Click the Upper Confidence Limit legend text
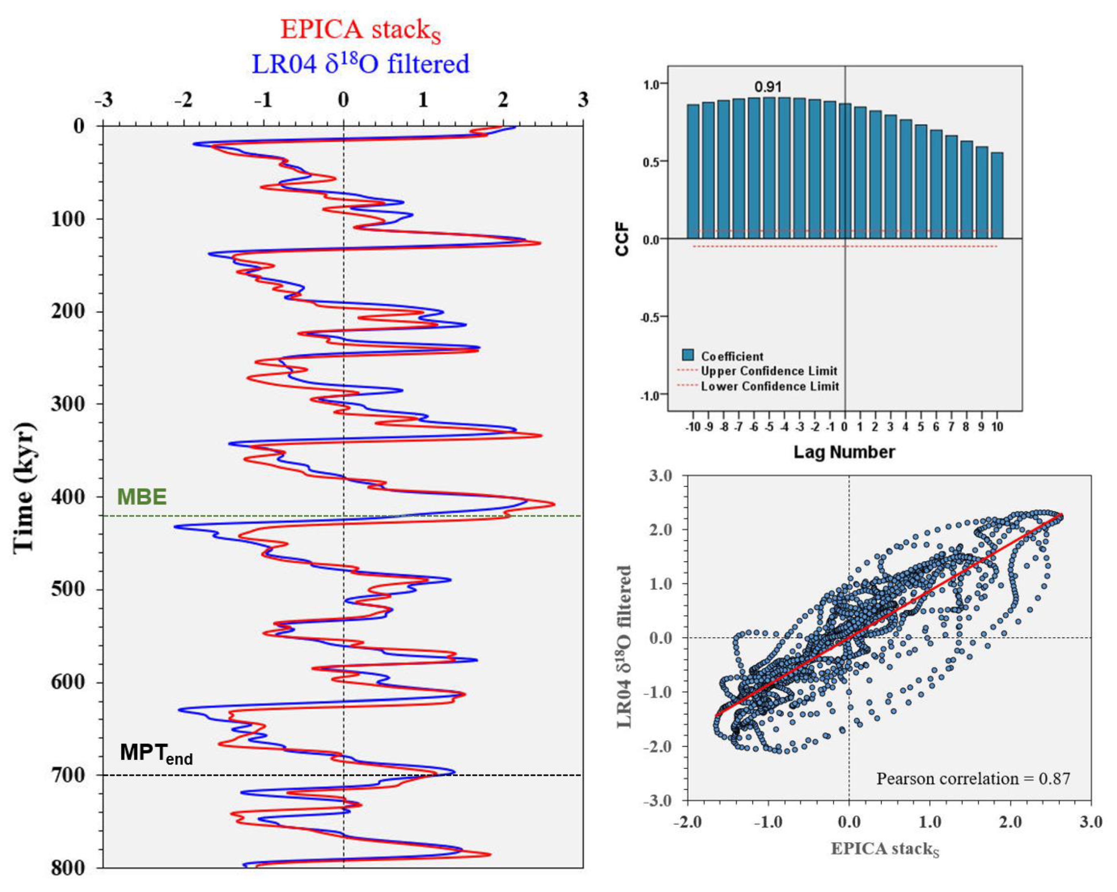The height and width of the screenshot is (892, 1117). point(769,371)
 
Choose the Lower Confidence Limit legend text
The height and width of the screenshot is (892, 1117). point(770,386)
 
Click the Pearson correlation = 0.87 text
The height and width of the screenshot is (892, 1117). point(973,779)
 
